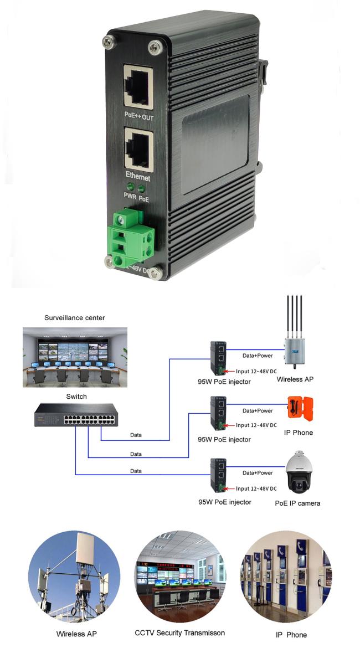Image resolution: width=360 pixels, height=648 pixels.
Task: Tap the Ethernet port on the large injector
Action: (x=138, y=148)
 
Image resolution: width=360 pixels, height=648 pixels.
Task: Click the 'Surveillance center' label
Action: (x=75, y=318)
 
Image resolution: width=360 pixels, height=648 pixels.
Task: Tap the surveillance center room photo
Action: (x=75, y=357)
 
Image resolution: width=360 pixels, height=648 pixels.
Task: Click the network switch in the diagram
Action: (x=76, y=414)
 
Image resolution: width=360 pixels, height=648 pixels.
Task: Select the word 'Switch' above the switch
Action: (x=76, y=397)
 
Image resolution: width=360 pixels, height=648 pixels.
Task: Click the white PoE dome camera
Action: (x=299, y=472)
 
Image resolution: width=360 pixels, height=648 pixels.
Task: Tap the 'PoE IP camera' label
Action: (x=297, y=503)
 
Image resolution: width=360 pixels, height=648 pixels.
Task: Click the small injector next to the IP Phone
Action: (x=218, y=413)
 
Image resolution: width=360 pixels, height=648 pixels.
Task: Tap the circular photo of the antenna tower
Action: (x=74, y=577)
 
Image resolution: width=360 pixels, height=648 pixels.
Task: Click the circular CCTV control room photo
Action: (x=181, y=577)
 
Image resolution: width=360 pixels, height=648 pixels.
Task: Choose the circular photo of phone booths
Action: (x=286, y=577)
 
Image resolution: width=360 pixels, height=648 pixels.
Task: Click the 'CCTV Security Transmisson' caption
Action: (x=180, y=632)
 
